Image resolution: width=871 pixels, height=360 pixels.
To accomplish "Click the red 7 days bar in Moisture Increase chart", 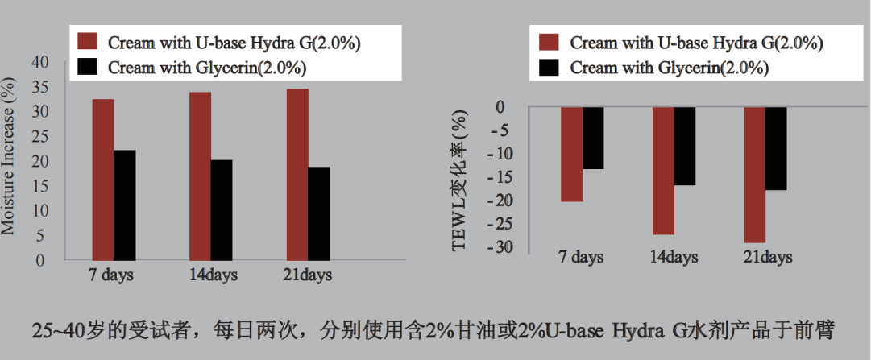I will click(x=102, y=180).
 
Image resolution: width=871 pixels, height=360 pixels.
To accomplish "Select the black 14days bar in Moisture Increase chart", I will click(x=221, y=210).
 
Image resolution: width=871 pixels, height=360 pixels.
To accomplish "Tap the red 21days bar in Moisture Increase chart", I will click(x=297, y=174).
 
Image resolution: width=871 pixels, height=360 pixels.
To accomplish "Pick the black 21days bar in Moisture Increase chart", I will click(x=318, y=213).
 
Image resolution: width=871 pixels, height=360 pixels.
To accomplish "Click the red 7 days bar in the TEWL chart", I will click(x=572, y=154).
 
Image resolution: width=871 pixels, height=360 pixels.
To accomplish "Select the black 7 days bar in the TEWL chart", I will click(x=593, y=138).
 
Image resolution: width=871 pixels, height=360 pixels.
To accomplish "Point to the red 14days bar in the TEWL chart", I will click(x=663, y=170).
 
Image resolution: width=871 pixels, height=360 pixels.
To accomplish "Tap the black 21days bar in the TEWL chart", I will click(x=776, y=148).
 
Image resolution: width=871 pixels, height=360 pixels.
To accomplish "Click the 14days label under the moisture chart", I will click(x=211, y=275).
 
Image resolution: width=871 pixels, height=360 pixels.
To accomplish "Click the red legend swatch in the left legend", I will click(x=87, y=42).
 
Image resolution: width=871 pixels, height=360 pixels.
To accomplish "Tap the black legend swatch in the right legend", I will click(x=549, y=68).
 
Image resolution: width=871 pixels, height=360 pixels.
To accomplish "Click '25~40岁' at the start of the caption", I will click(x=65, y=331).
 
